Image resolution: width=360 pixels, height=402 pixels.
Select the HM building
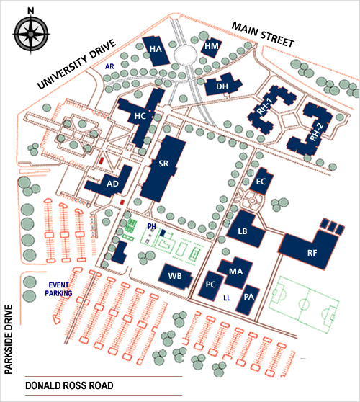pos(211,46)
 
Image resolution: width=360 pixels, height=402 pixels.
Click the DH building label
pos(222,87)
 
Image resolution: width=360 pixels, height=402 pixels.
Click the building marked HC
pos(141,115)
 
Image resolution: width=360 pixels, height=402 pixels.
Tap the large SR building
pos(163,164)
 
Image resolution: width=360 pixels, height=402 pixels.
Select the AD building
pos(112,183)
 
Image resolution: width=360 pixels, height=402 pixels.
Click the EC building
pos(261,182)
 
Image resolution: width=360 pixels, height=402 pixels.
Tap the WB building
pos(175,275)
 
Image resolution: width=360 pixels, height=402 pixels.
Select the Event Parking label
pos(59,289)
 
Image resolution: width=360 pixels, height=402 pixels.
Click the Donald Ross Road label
pos(69,386)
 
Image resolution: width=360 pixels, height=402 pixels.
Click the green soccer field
pos(305,300)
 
